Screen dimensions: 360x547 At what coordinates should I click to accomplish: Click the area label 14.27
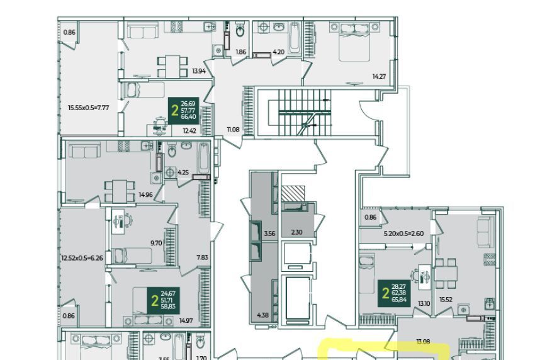point(378,77)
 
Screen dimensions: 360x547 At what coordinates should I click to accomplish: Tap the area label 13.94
point(199,72)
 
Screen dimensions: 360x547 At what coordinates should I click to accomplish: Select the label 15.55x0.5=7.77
point(89,108)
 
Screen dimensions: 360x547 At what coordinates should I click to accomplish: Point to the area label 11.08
point(233,130)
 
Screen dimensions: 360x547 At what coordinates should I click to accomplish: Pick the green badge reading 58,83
point(164,299)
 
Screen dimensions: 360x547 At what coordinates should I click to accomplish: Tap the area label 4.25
point(183,172)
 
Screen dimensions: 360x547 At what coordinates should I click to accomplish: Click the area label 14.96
point(146,195)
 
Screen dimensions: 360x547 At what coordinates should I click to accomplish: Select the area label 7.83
point(202,257)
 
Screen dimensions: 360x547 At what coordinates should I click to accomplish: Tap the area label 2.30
point(296,233)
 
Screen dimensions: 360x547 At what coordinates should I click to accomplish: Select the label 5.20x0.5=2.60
point(403,233)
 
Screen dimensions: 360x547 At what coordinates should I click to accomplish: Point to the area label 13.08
point(424,342)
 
